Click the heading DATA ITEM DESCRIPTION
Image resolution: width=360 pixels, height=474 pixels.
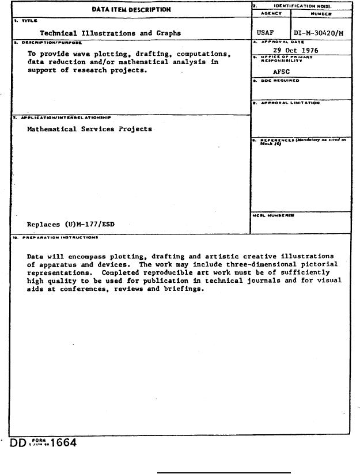pyautogui.click(x=131, y=9)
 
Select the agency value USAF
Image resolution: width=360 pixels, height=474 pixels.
pyautogui.click(x=265, y=33)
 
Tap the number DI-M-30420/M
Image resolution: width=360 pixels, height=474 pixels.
pyautogui.click(x=319, y=33)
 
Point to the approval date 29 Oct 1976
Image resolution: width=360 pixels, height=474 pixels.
pyautogui.click(x=295, y=51)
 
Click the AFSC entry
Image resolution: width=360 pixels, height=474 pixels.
pyautogui.click(x=281, y=73)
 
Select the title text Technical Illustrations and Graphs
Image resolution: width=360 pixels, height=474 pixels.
pyautogui.click(x=110, y=33)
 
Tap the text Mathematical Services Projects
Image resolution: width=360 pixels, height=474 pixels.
pyautogui.click(x=89, y=129)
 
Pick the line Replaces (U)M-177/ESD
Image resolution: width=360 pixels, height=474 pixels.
pyautogui.click(x=70, y=225)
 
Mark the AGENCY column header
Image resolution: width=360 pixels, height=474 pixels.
pyautogui.click(x=270, y=13)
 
